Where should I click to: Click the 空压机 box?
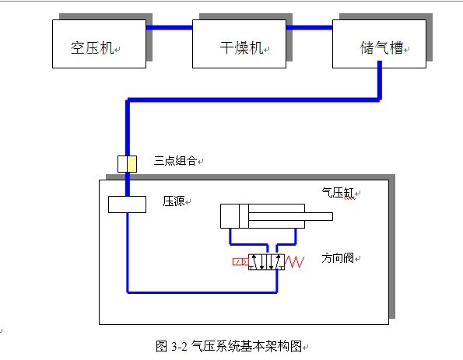[x=100, y=44]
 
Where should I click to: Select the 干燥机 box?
[x=239, y=44]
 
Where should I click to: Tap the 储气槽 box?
[x=379, y=44]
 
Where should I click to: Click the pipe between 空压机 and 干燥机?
[x=169, y=28]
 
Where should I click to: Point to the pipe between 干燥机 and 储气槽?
[x=309, y=28]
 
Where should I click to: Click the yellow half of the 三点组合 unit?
[x=132, y=164]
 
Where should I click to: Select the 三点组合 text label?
[x=175, y=160]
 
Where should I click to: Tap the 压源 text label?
[x=174, y=201]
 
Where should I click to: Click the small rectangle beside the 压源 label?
[x=127, y=204]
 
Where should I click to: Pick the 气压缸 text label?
[x=338, y=193]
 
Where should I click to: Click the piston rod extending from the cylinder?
[x=290, y=216]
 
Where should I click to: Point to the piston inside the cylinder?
[x=244, y=216]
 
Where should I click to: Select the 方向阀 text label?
[x=338, y=258]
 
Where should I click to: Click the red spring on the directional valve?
[x=294, y=262]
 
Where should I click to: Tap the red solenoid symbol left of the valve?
[x=240, y=261]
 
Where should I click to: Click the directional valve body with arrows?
[x=266, y=262]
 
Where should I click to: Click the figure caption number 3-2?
[x=179, y=346]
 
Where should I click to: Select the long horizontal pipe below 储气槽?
[x=254, y=100]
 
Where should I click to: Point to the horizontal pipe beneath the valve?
[x=202, y=292]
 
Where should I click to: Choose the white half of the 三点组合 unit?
[x=122, y=164]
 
